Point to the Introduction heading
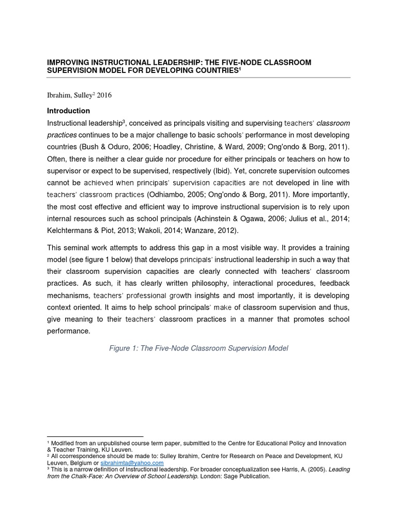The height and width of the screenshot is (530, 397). (x=68, y=111)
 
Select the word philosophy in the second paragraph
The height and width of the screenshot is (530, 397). (x=221, y=284)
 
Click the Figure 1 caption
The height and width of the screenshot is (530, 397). (x=198, y=348)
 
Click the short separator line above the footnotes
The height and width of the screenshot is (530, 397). (x=95, y=437)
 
